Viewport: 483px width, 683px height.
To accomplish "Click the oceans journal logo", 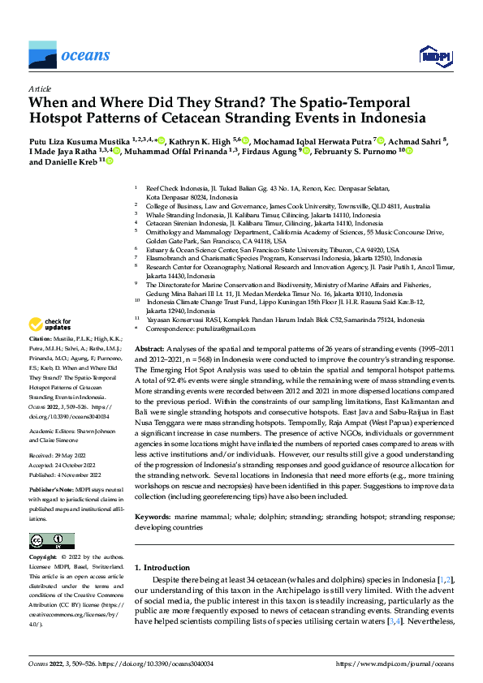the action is pyautogui.click(x=69, y=55).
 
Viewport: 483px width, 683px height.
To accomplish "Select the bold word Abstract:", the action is pyautogui.click(x=151, y=347).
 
